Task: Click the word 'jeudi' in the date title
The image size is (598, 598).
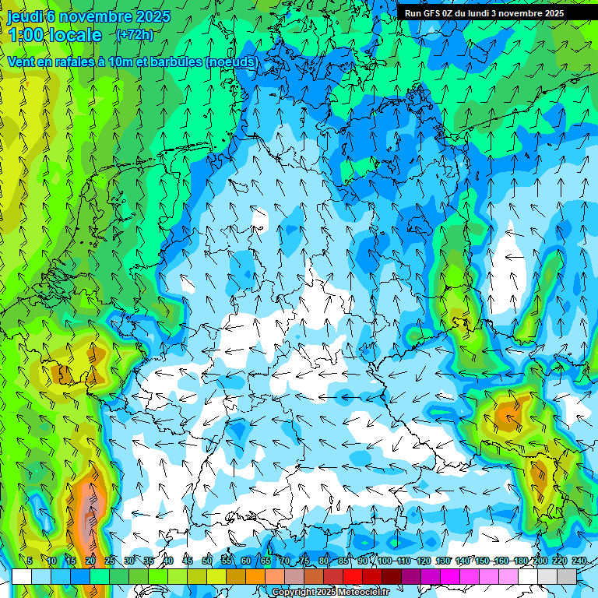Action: [24, 16]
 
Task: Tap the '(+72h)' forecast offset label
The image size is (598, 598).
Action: [135, 34]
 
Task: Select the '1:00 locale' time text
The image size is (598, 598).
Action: [55, 35]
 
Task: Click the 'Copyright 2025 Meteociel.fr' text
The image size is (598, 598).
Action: [330, 593]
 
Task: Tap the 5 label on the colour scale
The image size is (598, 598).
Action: [30, 561]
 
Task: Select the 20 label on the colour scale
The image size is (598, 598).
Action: [90, 561]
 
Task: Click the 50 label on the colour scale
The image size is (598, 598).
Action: [207, 561]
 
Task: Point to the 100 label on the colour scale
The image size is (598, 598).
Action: [384, 561]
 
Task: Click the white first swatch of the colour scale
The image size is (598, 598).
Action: [22, 576]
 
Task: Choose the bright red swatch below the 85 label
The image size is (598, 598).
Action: [353, 576]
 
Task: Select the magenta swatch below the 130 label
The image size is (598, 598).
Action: [450, 576]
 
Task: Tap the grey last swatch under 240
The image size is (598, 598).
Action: [567, 576]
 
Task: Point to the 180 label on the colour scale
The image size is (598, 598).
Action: [521, 561]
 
